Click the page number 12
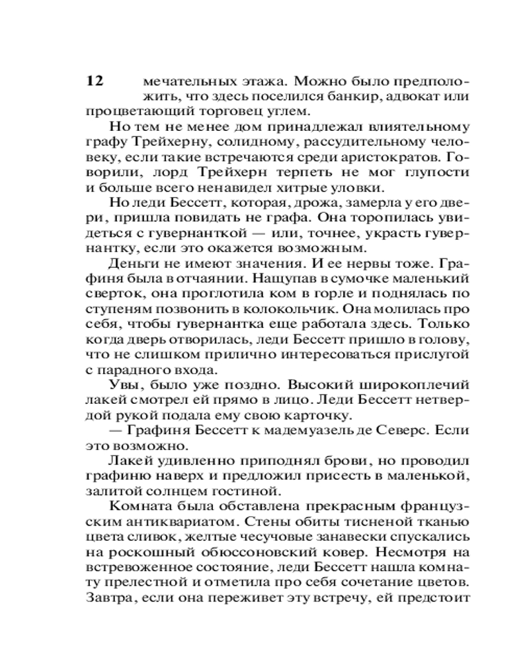(95, 81)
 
